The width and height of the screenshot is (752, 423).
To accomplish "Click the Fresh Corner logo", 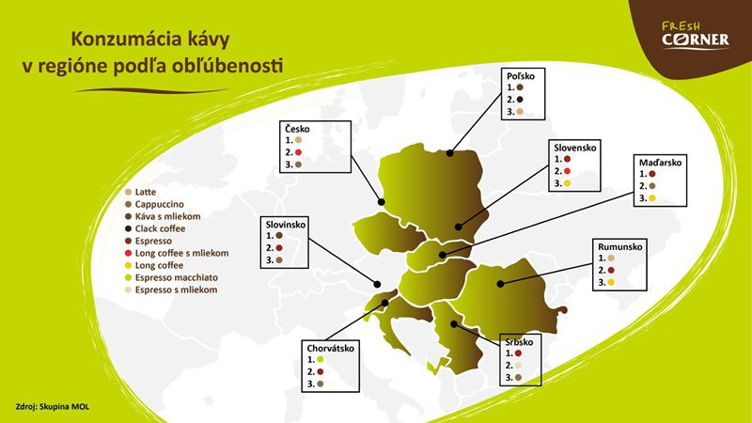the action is tap(696, 35).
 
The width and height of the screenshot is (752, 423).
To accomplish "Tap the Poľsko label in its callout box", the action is tap(521, 76).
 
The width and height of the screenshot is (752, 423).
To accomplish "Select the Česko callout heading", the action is tap(297, 129).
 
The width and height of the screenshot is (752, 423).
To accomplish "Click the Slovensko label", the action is tap(575, 148).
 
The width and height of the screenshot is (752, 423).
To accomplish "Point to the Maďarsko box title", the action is tap(660, 163).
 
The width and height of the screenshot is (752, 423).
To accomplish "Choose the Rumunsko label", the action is tap(619, 247).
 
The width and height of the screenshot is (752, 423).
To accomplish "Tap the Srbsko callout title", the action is tap(519, 342).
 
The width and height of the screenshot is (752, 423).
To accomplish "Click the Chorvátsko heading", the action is tap(331, 348).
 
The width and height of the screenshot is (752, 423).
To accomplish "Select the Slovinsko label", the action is tap(286, 225).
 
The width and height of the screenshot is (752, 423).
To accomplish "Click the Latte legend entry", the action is tap(140, 192).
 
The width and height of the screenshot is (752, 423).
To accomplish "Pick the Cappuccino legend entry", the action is tap(154, 204).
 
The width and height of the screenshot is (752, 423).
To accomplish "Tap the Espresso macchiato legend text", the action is tap(171, 277).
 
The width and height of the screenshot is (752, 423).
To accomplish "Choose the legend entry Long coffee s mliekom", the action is tap(177, 253).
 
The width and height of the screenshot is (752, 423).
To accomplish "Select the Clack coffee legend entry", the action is tap(154, 228).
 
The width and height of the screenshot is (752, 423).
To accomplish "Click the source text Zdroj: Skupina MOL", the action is tap(53, 407).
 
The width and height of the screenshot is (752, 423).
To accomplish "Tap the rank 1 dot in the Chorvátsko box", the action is tap(321, 359).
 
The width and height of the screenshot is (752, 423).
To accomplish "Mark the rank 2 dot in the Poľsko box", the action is tap(520, 100).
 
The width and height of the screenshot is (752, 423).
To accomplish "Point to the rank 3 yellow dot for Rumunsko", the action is tap(611, 283).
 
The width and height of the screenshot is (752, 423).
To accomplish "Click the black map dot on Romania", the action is tap(500, 284).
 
